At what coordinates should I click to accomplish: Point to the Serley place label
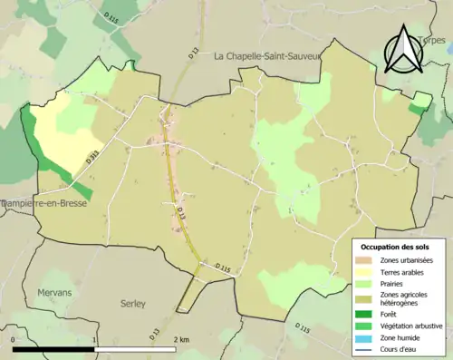click(x=132, y=304)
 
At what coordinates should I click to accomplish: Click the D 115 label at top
click(x=111, y=16)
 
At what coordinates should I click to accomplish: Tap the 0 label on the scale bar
click(x=14, y=339)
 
